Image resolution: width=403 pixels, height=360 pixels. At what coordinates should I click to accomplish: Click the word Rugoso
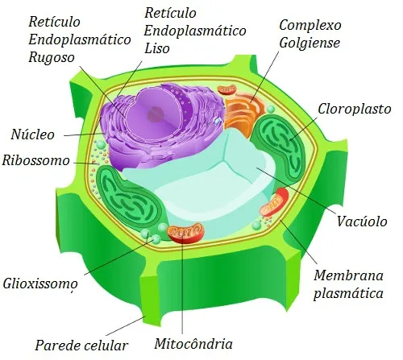coord(52,58)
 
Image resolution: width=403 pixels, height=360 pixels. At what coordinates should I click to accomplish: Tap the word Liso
coord(157,48)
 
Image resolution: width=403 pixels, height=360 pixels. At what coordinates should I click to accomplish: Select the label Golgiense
coord(310,43)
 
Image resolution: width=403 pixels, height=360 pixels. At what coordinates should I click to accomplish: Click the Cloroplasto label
coord(355,109)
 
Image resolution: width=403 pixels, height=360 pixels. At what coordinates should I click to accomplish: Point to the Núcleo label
coord(32,134)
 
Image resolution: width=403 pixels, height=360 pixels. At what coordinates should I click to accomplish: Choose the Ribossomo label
coord(35,160)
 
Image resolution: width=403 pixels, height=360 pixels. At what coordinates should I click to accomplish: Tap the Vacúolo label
coord(362,221)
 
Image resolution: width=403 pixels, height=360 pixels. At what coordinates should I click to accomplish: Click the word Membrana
coord(348,275)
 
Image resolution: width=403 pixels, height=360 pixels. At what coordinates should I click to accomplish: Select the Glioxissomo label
coord(40,284)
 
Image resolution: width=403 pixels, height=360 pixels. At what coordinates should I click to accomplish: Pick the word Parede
coord(56,346)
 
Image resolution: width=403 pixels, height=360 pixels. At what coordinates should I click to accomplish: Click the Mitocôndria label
coord(193,344)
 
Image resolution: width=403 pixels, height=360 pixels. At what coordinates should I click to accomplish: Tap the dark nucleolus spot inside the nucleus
coord(156,114)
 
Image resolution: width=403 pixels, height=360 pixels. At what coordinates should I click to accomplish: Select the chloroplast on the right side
coord(279,147)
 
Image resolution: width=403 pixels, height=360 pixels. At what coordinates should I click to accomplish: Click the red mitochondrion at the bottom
coord(185,233)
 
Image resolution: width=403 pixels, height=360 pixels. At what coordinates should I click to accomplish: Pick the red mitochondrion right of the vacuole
coord(274,202)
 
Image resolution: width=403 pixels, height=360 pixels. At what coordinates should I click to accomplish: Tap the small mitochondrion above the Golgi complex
coord(226,89)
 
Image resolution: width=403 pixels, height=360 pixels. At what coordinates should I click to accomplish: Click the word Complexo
coord(310,26)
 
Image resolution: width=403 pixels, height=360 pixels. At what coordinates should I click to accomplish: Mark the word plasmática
coord(348,294)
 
